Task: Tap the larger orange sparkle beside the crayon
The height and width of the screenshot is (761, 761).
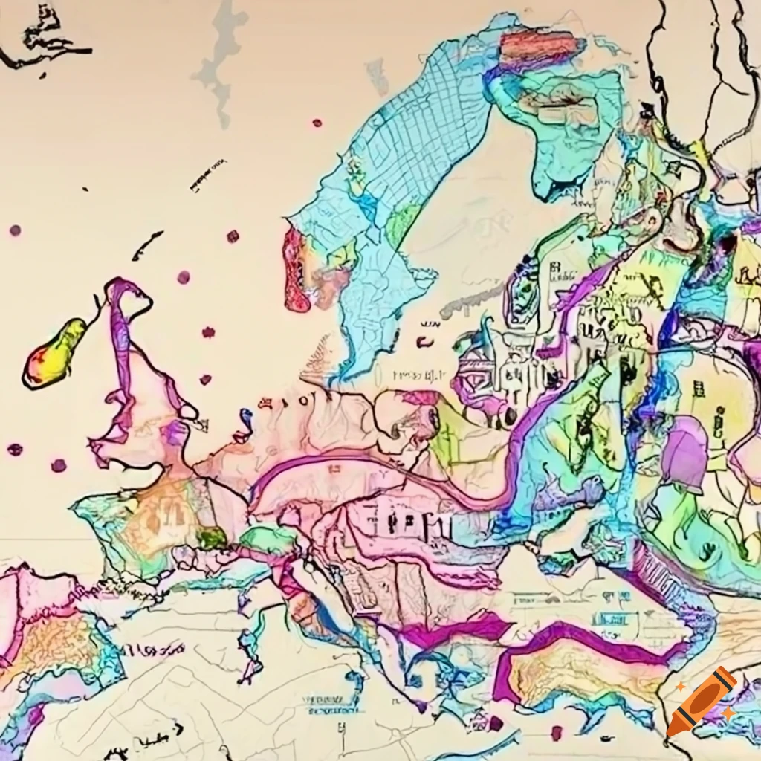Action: point(681,689)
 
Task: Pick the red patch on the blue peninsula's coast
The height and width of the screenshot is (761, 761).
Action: point(296,269)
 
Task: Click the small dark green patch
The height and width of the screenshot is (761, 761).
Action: point(211,537)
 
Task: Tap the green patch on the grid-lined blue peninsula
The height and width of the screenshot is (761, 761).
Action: point(402,224)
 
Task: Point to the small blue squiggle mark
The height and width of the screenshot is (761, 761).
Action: point(245,421)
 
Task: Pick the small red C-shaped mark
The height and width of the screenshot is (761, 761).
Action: point(424,342)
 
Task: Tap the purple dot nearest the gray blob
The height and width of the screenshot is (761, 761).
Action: point(317,123)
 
